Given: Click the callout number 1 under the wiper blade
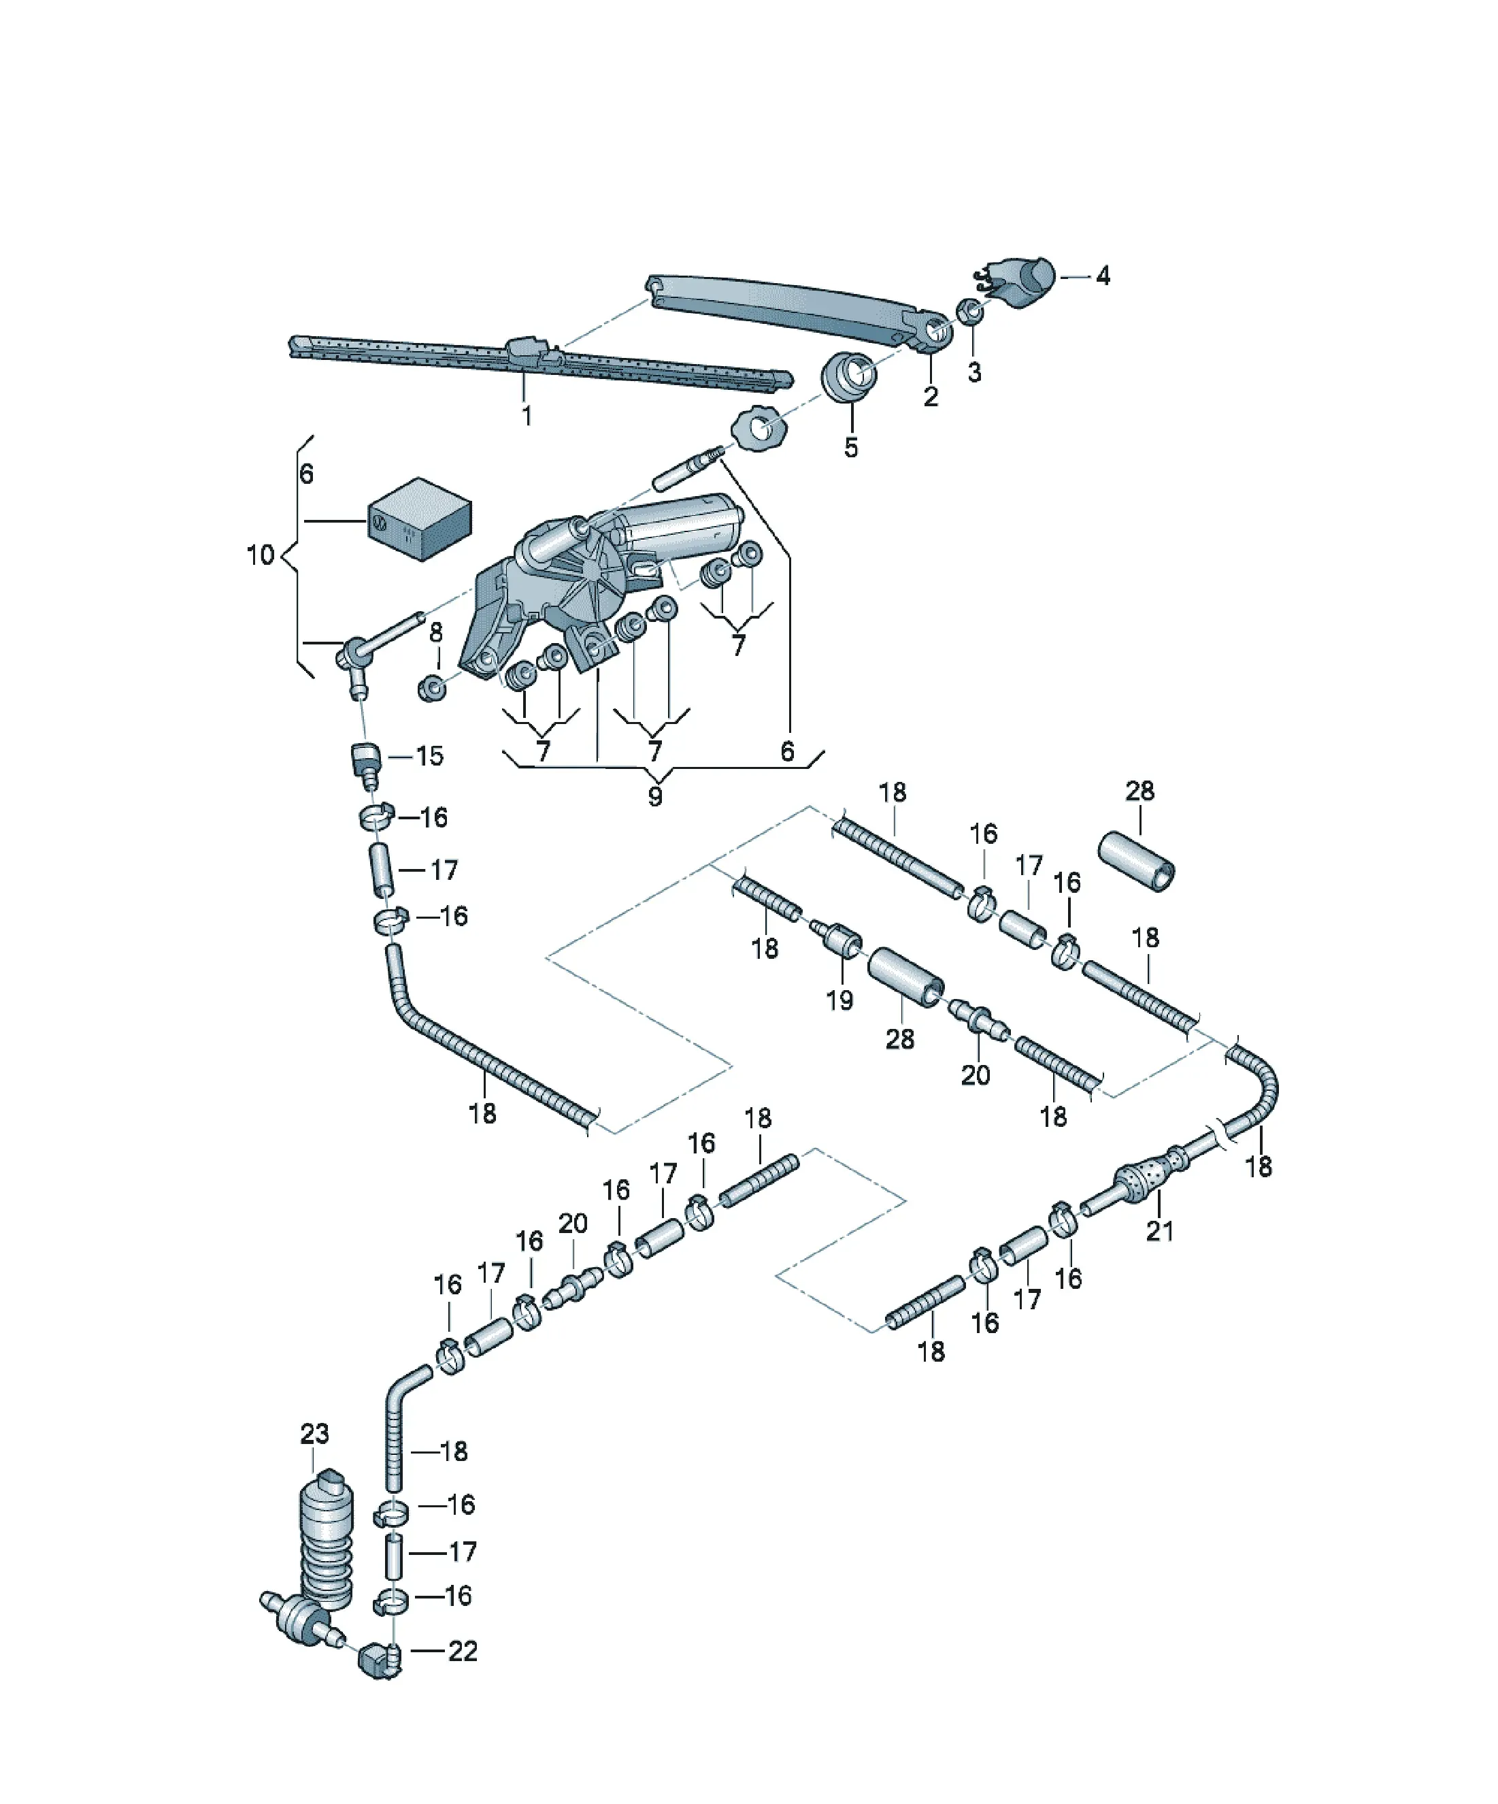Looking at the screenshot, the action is pyautogui.click(x=527, y=416).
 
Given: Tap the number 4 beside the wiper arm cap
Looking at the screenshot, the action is pyautogui.click(x=1103, y=276).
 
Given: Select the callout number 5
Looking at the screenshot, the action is pyautogui.click(x=850, y=448).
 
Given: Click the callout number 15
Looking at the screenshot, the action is pyautogui.click(x=429, y=756).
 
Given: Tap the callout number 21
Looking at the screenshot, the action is pyautogui.click(x=1160, y=1231).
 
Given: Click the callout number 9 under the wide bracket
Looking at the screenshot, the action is pyautogui.click(x=654, y=796).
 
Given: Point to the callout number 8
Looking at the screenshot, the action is pyautogui.click(x=436, y=632).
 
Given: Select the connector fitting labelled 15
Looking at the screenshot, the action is pyautogui.click(x=366, y=764).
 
